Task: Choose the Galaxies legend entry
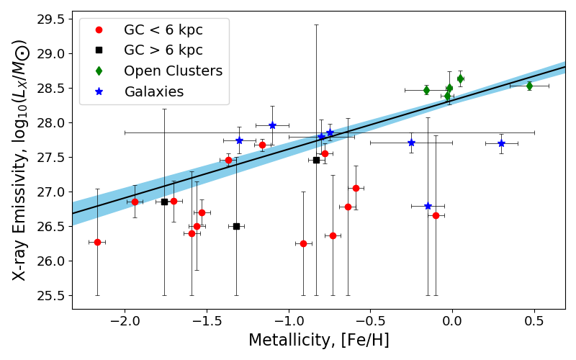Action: (x=153, y=91)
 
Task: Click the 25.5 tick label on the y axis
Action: (x=53, y=296)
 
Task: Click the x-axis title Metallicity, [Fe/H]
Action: (x=318, y=341)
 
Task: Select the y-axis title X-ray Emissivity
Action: (x=20, y=161)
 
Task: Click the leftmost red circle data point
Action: (x=97, y=242)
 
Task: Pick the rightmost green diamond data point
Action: (x=529, y=86)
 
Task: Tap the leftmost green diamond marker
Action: (x=426, y=90)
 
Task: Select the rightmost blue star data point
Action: (x=501, y=143)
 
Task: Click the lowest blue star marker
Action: (x=428, y=206)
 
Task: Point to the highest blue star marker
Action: (x=272, y=125)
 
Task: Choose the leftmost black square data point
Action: (x=164, y=202)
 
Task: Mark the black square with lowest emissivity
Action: (x=236, y=226)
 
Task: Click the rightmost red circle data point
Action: (x=436, y=215)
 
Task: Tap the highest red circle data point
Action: (x=262, y=145)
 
